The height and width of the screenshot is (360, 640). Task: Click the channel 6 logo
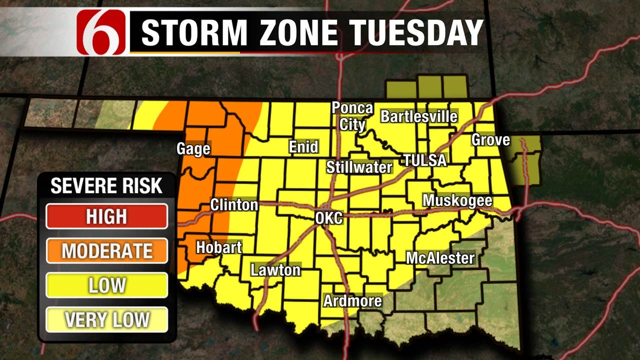coord(101,32)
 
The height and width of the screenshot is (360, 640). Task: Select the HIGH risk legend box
coord(106,216)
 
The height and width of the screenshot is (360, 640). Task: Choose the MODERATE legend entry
coord(106,250)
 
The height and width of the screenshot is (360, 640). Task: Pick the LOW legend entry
coord(106,285)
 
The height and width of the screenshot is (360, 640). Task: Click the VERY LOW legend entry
coord(106,319)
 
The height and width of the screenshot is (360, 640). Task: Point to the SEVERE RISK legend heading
coord(106,186)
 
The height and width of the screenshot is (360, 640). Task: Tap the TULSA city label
coord(424,160)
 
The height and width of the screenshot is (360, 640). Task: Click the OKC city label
coord(328,218)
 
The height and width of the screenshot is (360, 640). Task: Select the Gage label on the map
coord(193,148)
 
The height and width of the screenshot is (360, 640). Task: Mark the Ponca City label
coord(352,116)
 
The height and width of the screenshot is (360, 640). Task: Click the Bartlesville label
coord(419,116)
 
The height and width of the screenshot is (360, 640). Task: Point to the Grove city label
coord(490,139)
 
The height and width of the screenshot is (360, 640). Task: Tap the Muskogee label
coord(457,200)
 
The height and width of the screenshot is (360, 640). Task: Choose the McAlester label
coord(440,258)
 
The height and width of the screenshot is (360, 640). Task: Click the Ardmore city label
coord(352,301)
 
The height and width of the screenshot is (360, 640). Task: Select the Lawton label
coord(275,270)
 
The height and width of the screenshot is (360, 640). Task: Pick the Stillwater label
coord(359,167)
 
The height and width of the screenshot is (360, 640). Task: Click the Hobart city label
coord(218,247)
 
